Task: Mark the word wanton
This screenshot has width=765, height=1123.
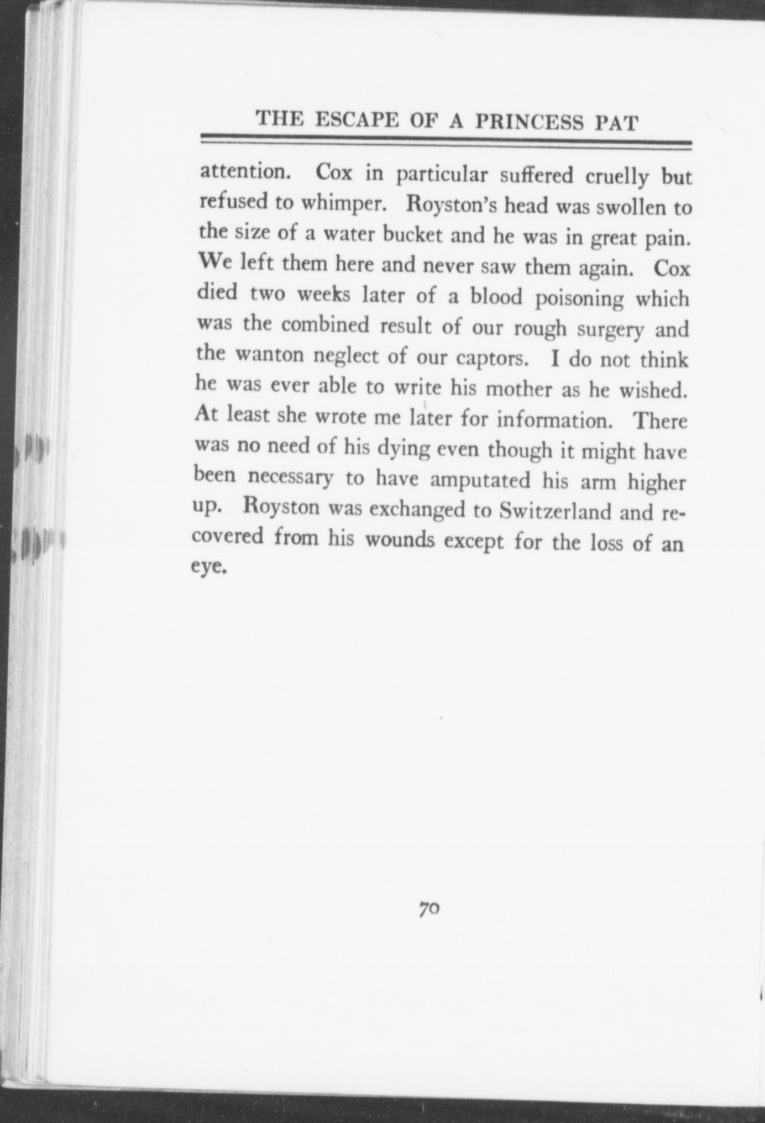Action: click(271, 354)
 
